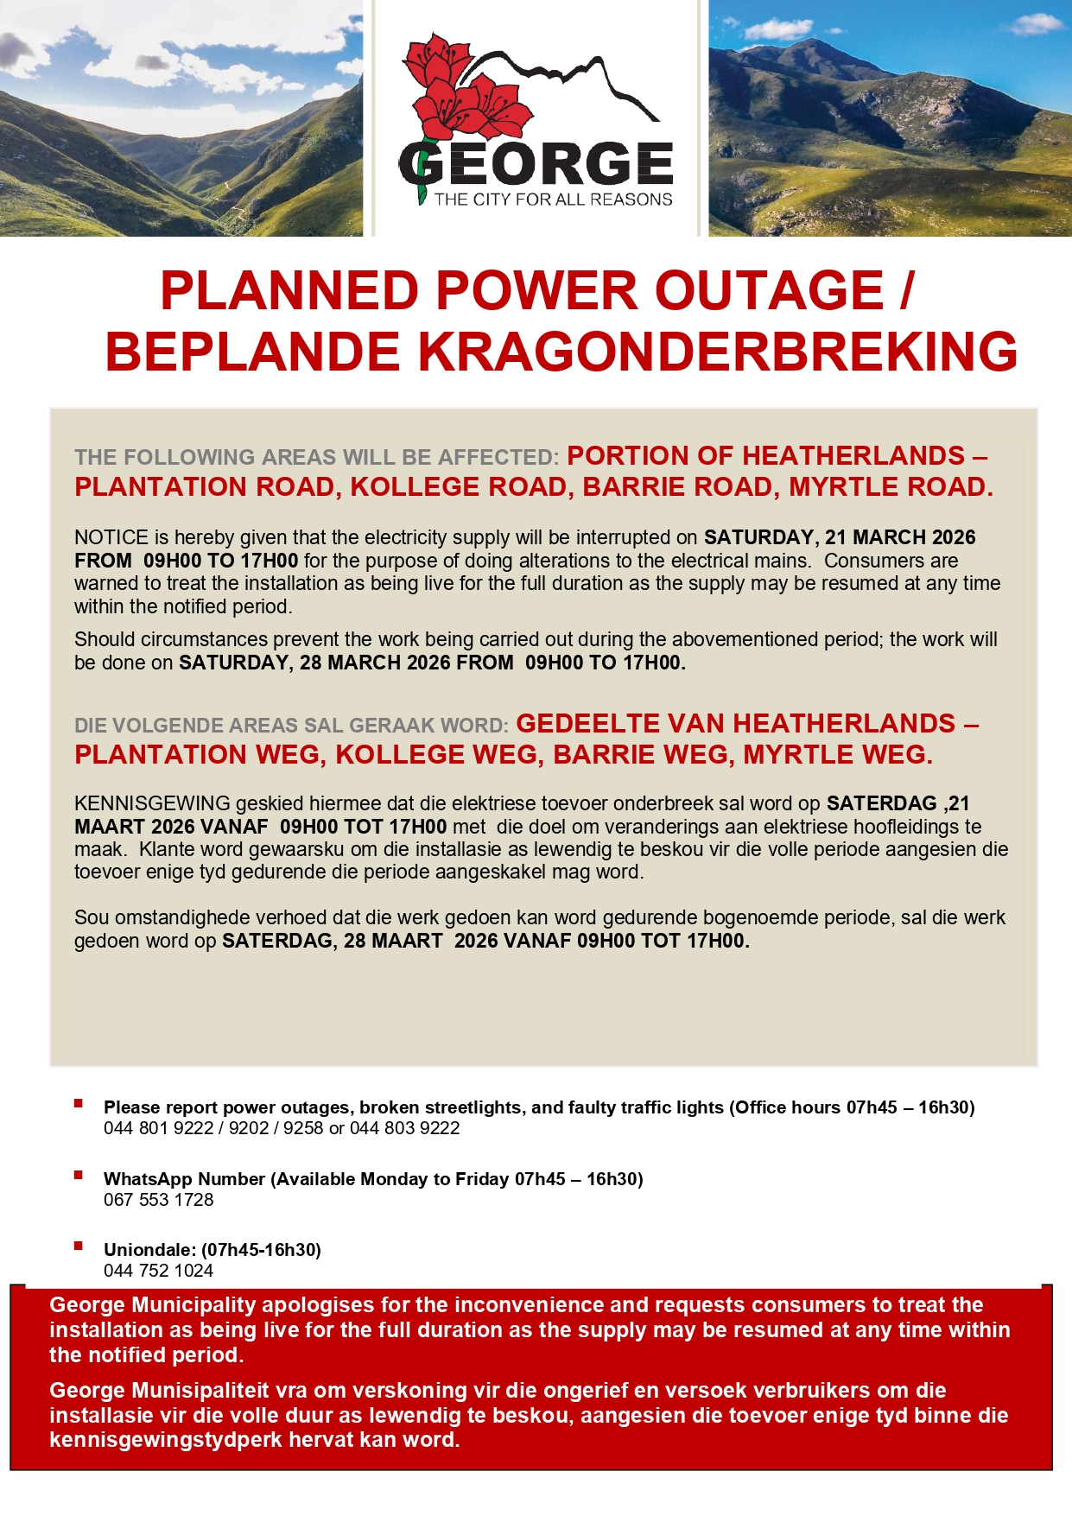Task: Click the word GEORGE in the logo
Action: pyautogui.click(x=536, y=164)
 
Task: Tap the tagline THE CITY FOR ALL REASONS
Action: pyautogui.click(x=553, y=200)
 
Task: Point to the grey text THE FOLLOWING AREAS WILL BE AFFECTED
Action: pyautogui.click(x=316, y=457)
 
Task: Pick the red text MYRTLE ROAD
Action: pyautogui.click(x=890, y=487)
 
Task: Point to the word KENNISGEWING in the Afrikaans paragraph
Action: pyautogui.click(x=152, y=803)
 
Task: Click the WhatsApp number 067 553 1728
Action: pyautogui.click(x=158, y=1200)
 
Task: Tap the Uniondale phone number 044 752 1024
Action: pyautogui.click(x=158, y=1271)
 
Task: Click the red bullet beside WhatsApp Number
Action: pyautogui.click(x=79, y=1175)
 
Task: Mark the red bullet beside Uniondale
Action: pyautogui.click(x=79, y=1246)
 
